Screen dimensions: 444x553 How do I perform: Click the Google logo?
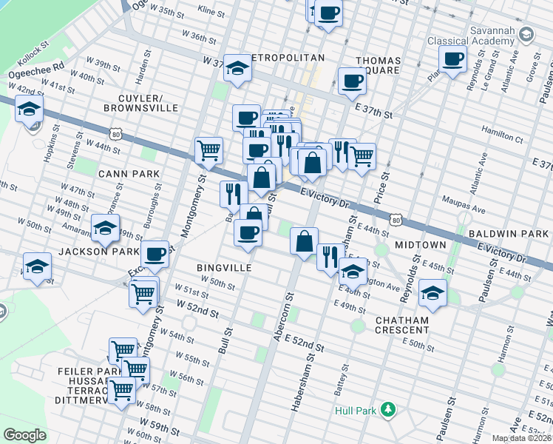click(24, 435)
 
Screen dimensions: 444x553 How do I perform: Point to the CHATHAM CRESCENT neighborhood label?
click(401, 325)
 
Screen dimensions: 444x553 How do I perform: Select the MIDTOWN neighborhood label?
click(420, 244)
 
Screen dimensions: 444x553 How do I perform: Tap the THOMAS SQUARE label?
click(379, 67)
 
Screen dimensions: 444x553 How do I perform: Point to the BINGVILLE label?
click(224, 267)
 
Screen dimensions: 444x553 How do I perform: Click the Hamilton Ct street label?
click(501, 136)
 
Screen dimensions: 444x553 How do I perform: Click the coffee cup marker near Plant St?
click(452, 58)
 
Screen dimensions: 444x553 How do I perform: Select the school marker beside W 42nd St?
click(29, 110)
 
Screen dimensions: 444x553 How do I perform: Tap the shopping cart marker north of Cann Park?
click(209, 150)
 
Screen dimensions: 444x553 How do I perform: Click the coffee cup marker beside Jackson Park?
click(155, 254)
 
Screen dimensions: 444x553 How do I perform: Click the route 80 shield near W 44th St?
click(115, 134)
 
